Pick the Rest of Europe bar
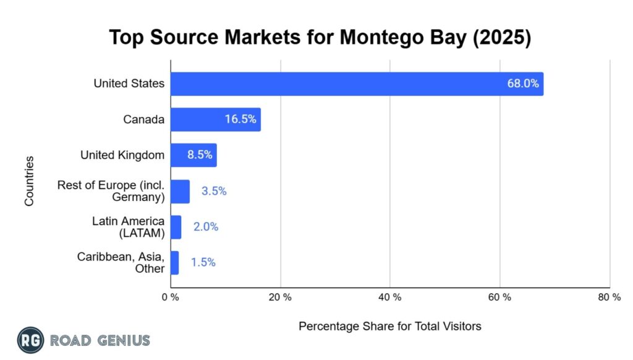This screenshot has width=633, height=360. [x=180, y=191]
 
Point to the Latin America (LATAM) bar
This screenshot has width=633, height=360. [x=176, y=227]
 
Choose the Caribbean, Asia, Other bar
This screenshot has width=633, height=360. [x=174, y=262]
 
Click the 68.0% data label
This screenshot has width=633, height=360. [x=522, y=84]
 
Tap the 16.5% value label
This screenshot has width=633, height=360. [x=240, y=119]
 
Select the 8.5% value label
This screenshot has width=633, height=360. [x=200, y=155]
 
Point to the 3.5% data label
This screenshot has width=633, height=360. [x=214, y=191]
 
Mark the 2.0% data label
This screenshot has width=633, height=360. [x=206, y=227]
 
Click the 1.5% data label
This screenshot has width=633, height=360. [x=203, y=262]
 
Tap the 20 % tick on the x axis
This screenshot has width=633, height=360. [x=280, y=298]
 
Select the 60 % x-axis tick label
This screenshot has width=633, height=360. [x=499, y=298]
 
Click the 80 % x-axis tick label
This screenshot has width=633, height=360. [x=610, y=298]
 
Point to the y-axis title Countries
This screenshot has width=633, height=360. [x=29, y=181]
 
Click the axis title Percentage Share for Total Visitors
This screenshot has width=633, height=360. [x=389, y=326]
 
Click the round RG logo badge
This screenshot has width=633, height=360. [x=30, y=340]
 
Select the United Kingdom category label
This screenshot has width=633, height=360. [x=122, y=155]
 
